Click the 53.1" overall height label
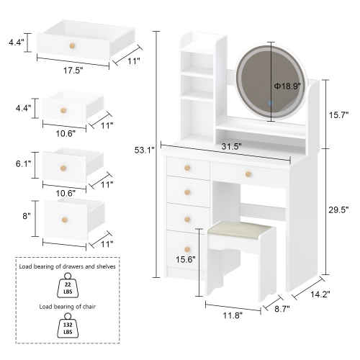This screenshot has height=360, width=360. click(145, 150)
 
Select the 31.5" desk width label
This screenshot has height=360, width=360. click(230, 147)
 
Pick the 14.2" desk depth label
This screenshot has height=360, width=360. click(321, 294)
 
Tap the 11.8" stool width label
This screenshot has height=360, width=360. click(231, 315)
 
